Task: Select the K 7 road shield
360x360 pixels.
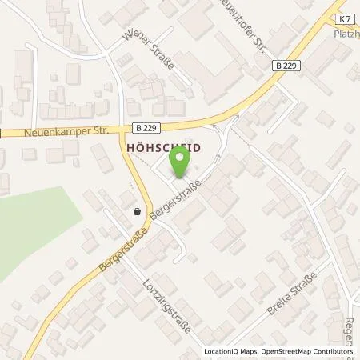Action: point(343,17)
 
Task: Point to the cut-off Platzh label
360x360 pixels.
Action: point(346,34)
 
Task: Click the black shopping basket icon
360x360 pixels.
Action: point(139,212)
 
